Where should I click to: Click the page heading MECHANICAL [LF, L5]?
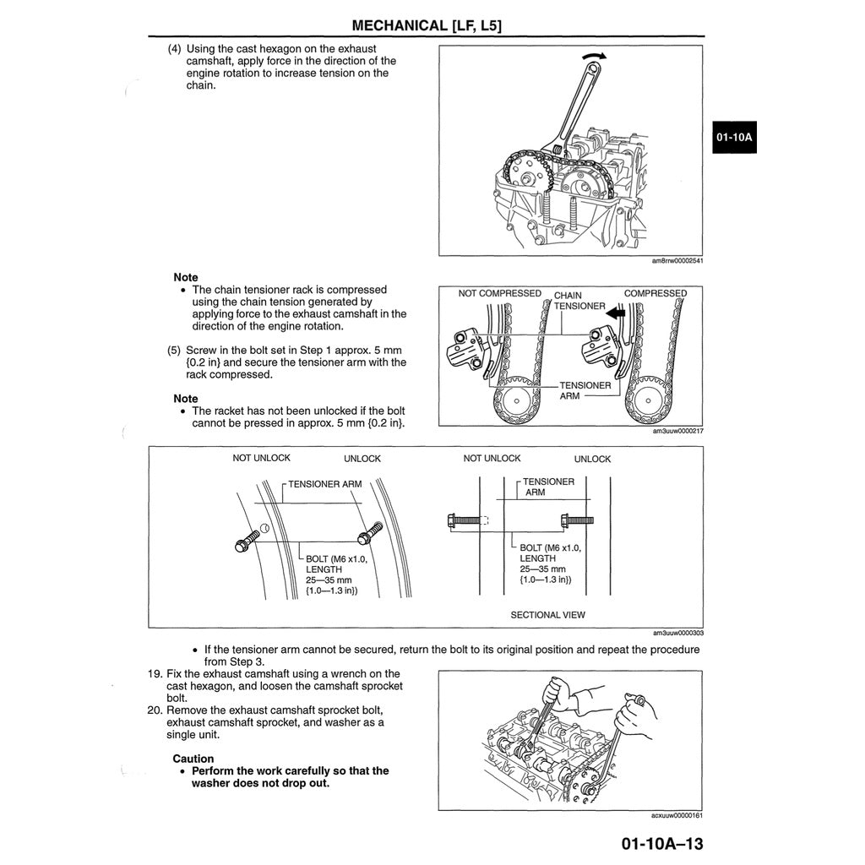point(427,24)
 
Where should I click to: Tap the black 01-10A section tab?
point(733,137)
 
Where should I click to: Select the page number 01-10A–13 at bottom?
point(661,844)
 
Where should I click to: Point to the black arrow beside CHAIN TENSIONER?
point(616,312)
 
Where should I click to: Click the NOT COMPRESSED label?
point(499,294)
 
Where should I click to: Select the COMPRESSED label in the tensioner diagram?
point(655,294)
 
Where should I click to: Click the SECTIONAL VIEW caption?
point(547,615)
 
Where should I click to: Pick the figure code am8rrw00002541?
point(677,261)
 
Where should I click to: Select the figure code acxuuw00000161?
point(677,815)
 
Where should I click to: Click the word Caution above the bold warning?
point(193,759)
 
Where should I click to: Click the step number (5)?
point(175,350)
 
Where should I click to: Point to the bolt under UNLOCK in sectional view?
point(577,520)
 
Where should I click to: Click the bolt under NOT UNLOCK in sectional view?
point(464,520)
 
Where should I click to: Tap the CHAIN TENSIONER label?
point(579,301)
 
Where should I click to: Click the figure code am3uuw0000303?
point(677,633)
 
